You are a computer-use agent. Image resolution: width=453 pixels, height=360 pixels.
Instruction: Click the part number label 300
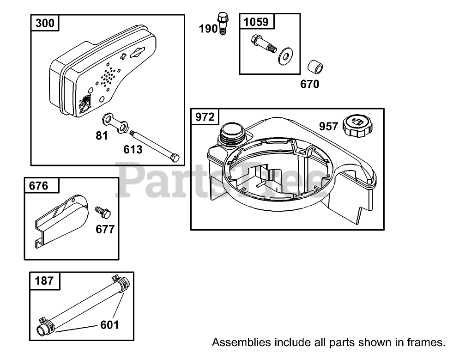[x=45, y=23]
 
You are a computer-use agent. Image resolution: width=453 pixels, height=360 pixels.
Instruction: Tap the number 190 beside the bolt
[x=208, y=29]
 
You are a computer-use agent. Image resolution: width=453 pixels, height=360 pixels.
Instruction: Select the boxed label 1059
[x=256, y=21]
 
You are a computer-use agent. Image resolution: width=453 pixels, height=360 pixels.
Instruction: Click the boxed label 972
[x=205, y=117]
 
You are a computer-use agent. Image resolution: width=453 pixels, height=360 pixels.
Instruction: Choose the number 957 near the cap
[x=328, y=126]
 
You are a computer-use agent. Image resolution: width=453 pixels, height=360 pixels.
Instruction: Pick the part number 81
[x=102, y=135]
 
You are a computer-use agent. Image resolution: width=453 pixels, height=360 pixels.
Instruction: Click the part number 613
[x=133, y=149]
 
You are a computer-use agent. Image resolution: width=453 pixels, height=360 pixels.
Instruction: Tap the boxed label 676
[x=38, y=186]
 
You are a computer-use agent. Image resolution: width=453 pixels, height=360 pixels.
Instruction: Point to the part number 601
[x=109, y=325]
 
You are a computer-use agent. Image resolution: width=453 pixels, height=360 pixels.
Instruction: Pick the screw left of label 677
[x=102, y=212]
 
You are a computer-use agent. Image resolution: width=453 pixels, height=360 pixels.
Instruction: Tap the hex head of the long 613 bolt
[x=175, y=158]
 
